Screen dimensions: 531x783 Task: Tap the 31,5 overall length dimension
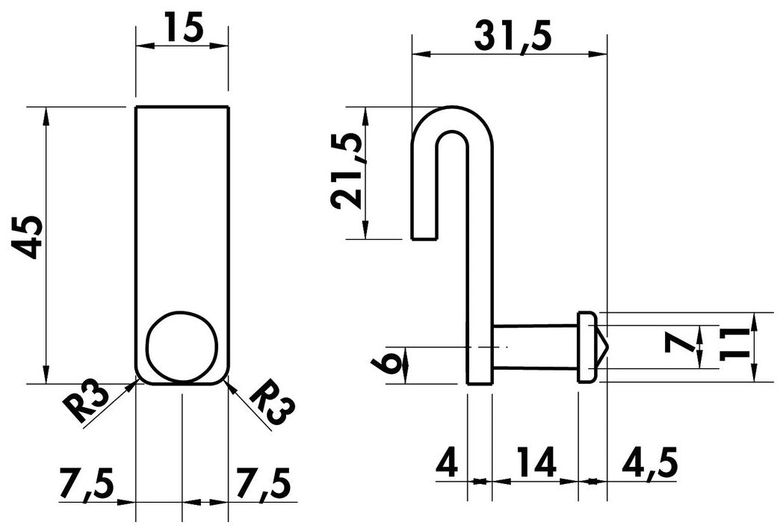[513, 36]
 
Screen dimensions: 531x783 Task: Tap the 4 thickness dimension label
[447, 464]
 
